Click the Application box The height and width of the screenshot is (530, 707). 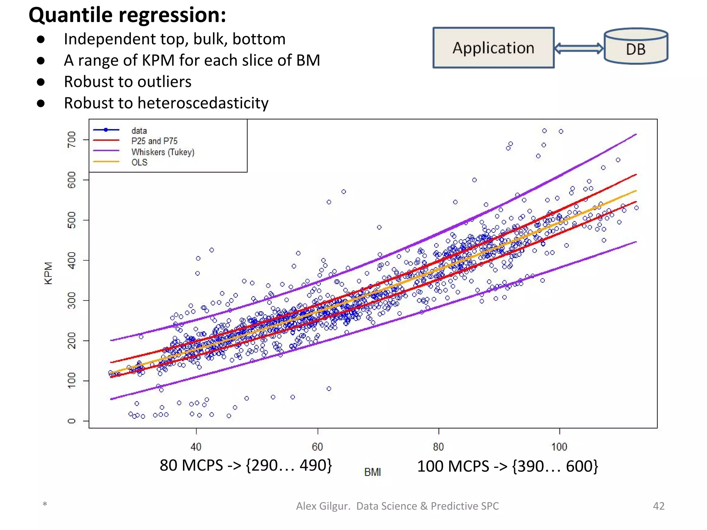(x=493, y=48)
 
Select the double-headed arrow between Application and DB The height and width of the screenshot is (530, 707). (x=579, y=48)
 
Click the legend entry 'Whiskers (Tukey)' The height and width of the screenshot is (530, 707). (x=163, y=152)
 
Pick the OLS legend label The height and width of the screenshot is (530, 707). (x=139, y=162)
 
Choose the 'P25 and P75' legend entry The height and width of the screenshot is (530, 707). (x=154, y=141)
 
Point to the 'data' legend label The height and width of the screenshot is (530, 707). (x=139, y=131)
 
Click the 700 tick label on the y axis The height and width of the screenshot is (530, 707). (x=71, y=139)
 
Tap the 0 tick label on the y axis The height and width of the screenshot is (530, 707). (x=71, y=421)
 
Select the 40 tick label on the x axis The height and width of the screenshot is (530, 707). (x=196, y=447)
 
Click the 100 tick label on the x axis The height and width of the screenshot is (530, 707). (x=559, y=447)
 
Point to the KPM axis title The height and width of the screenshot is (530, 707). (x=49, y=273)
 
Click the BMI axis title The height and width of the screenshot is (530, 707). (x=372, y=472)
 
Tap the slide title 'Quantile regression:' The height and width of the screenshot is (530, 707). (x=127, y=15)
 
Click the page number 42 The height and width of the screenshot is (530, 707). (x=659, y=506)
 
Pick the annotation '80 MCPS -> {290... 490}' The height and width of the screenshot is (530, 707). (x=246, y=465)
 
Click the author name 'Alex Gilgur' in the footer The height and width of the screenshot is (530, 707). (x=323, y=506)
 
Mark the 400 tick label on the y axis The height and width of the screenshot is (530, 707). (x=71, y=260)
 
